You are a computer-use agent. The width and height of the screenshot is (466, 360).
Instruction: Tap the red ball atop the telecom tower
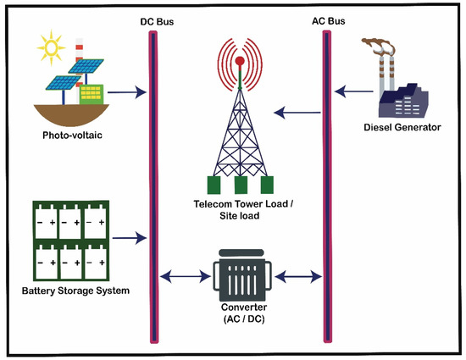click(240, 61)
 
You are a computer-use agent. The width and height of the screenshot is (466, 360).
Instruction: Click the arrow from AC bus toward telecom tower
click(297, 111)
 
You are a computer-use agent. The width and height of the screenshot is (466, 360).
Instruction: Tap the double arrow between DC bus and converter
click(182, 275)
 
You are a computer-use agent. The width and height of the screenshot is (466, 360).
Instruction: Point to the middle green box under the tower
click(241, 186)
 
